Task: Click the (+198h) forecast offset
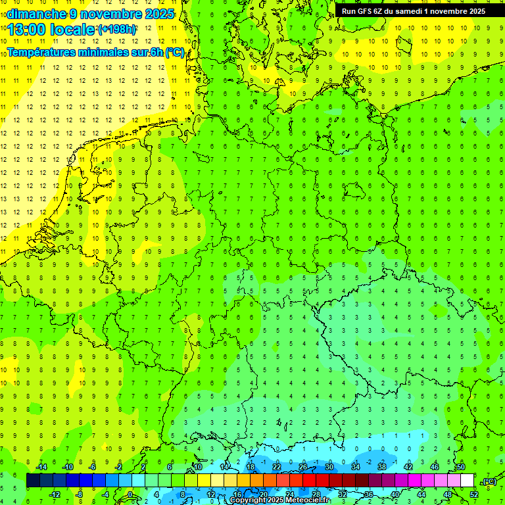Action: [116, 30]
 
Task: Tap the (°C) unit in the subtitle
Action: [175, 53]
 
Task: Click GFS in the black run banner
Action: [366, 11]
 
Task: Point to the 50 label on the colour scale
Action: [461, 467]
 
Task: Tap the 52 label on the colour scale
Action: [474, 494]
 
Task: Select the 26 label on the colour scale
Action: [303, 467]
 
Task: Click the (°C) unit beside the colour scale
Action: [489, 481]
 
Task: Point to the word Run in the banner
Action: [349, 11]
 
